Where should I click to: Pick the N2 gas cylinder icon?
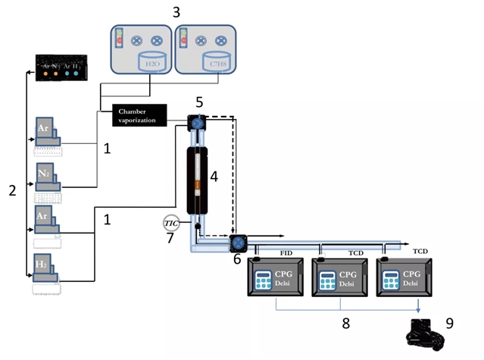(48, 180)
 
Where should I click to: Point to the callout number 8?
(345, 322)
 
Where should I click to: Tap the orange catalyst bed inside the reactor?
(197, 184)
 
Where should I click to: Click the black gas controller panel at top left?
(64, 67)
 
